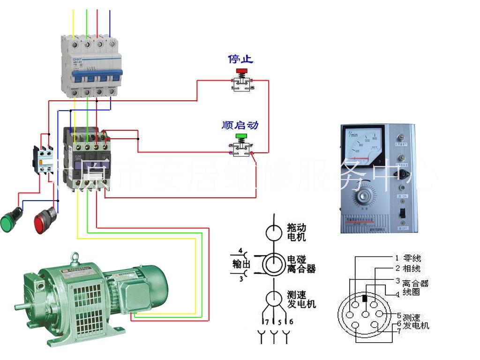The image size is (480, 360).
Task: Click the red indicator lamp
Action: [45, 219]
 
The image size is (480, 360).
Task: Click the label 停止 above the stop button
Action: [240, 59]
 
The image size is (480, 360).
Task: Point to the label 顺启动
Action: [240, 125]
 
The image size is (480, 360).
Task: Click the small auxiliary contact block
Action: [42, 159]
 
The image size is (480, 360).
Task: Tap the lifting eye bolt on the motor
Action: [75, 259]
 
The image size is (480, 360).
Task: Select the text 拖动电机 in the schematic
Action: [296, 232]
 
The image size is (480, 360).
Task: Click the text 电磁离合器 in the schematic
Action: [301, 264]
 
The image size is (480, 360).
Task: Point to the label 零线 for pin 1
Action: [412, 258]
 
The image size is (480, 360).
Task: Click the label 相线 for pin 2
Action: [412, 269]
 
